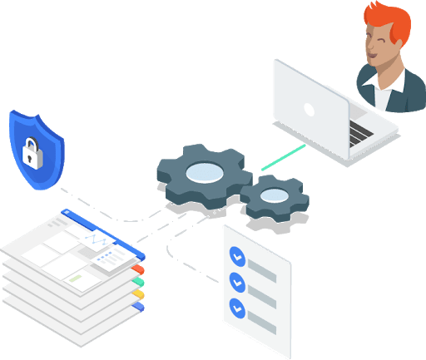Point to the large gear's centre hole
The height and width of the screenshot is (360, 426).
click(203, 172)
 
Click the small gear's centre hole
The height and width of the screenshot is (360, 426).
click(274, 196)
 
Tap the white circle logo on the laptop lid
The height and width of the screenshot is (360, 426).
click(309, 108)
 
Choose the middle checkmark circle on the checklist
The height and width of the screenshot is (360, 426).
click(236, 280)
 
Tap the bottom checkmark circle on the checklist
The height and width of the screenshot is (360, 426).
click(236, 306)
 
